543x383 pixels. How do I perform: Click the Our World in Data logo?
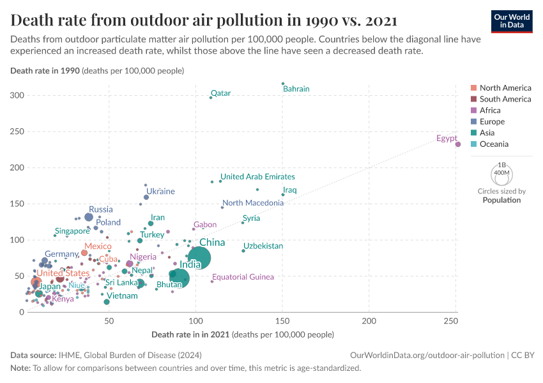(x=512, y=20)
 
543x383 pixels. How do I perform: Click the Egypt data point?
(x=457, y=144)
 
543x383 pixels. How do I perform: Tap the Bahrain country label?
(x=296, y=89)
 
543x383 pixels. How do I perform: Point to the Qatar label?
(x=220, y=93)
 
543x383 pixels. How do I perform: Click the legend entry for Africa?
(x=490, y=110)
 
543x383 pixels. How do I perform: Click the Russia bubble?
(x=89, y=217)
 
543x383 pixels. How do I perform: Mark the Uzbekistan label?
(x=263, y=246)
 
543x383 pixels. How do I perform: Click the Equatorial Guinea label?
(x=243, y=277)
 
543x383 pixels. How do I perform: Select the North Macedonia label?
(x=253, y=203)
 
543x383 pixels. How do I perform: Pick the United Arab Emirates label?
(x=257, y=176)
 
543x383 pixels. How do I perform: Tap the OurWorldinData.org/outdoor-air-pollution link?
(x=427, y=354)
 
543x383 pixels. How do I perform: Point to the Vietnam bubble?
(x=107, y=301)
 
